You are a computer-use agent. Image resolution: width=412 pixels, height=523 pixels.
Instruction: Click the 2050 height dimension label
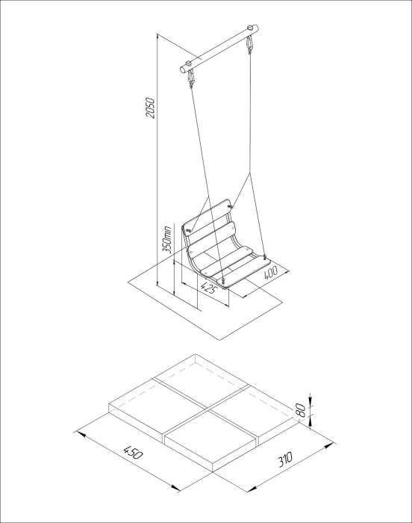151,108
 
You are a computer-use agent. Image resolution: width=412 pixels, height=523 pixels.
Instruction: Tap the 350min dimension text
166,240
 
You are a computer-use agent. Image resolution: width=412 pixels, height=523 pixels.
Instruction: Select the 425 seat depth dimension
207,288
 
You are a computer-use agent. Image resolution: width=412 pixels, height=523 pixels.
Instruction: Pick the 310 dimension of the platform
285,459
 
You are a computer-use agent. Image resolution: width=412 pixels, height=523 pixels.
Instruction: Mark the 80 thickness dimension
300,409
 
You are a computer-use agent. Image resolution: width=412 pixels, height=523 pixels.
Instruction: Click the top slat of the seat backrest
207,217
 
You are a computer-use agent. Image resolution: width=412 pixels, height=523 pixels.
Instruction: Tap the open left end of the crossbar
184,69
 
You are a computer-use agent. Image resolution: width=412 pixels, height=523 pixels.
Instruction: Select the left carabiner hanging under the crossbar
191,79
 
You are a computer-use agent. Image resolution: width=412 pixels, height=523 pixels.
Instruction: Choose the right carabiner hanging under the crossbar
249,46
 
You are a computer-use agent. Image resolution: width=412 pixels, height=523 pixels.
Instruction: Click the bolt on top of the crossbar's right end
250,28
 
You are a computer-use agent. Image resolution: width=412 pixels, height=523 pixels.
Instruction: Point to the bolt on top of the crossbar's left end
190,62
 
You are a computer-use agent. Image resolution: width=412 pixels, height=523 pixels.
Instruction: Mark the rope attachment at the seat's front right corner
265,257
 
